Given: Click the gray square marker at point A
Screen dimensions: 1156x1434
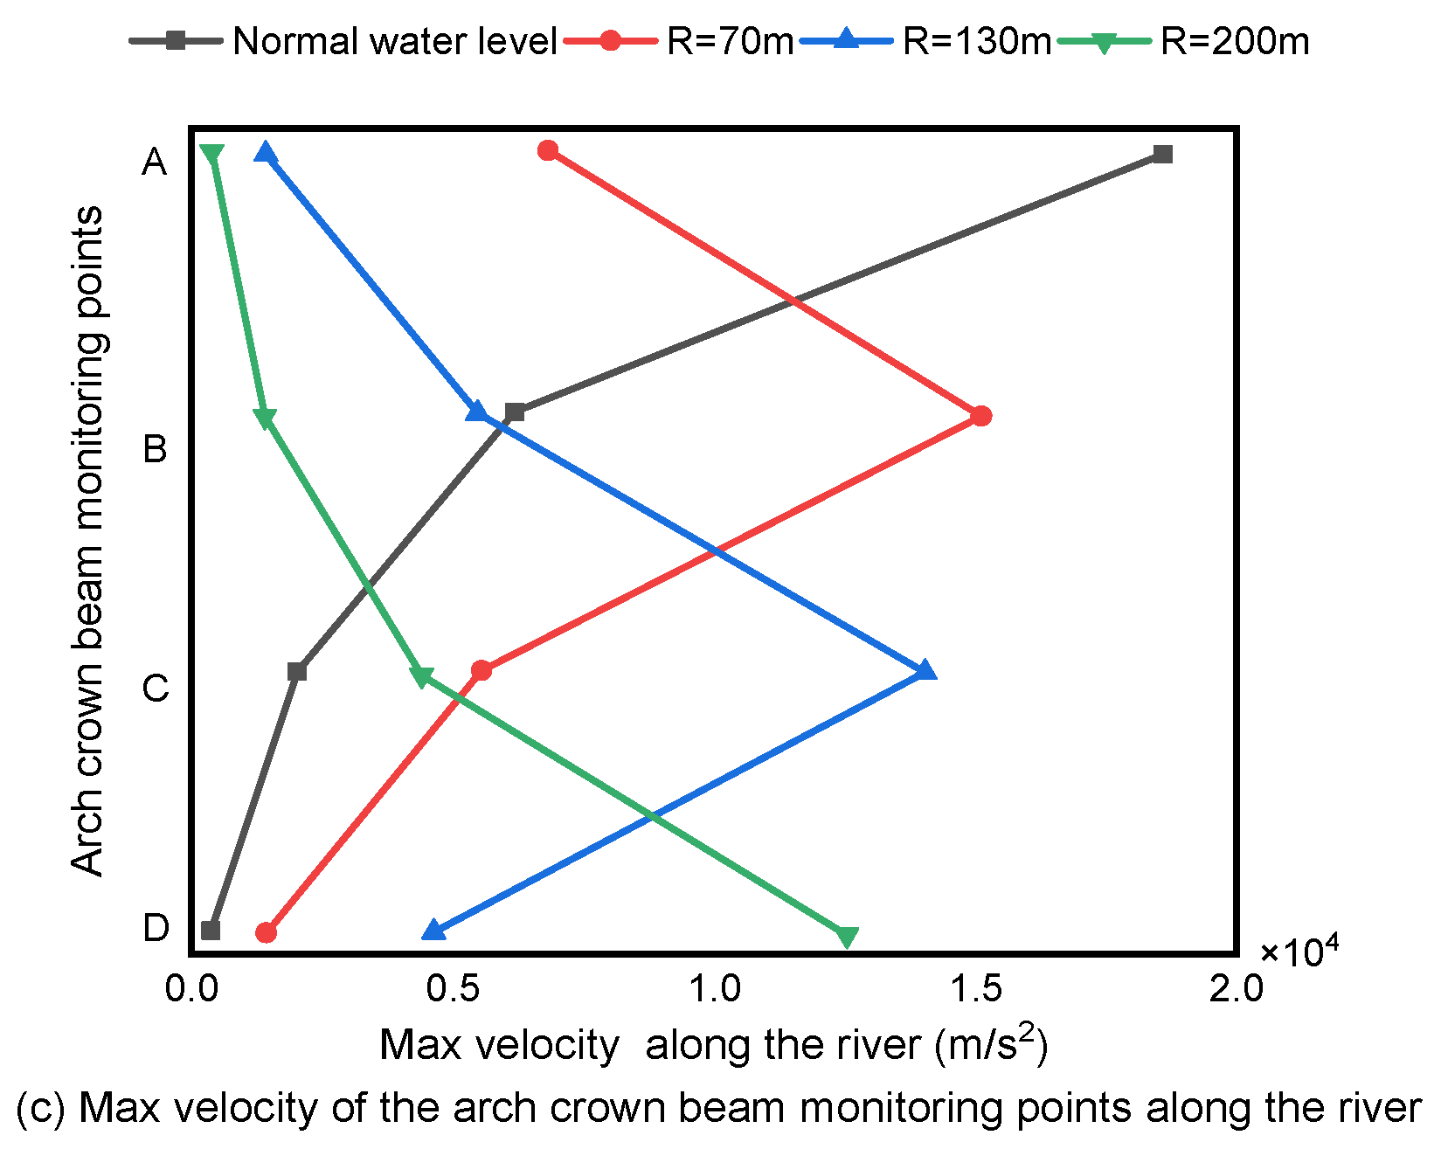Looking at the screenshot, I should [1162, 155].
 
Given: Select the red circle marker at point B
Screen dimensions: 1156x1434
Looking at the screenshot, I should [981, 416].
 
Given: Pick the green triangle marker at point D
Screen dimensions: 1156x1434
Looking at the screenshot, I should [846, 937].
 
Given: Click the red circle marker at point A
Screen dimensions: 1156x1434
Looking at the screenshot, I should [548, 150].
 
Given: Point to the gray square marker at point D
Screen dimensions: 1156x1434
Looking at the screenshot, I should [211, 931].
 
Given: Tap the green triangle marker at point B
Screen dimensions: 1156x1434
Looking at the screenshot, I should [267, 418].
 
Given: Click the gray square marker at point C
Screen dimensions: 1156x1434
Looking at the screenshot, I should [297, 672].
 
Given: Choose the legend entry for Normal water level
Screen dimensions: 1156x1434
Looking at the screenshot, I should [394, 42].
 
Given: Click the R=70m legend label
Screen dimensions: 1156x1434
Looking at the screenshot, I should [730, 42].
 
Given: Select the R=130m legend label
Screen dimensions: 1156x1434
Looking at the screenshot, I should [976, 42].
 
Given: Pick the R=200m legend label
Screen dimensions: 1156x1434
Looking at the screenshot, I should [1234, 42].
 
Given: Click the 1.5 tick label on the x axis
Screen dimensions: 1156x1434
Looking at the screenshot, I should [976, 988].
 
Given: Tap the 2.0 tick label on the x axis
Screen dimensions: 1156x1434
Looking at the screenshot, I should [1236, 988].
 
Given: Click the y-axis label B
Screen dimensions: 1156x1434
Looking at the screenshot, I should [156, 450].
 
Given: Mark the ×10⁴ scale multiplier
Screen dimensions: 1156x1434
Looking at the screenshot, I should [1299, 952].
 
